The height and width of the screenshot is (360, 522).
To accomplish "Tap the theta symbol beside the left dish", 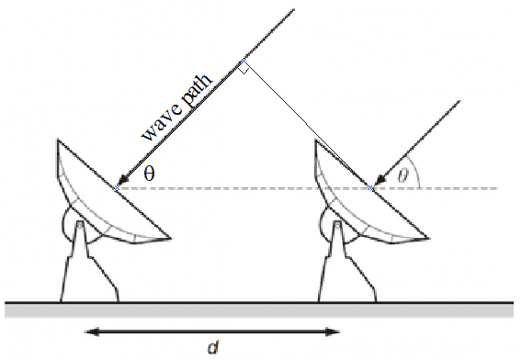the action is click(x=150, y=174).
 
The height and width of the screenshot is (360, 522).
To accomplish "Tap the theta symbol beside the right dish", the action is click(x=403, y=175).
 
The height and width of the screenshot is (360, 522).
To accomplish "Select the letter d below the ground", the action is click(x=213, y=348).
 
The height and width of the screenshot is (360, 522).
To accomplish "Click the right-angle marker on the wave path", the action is click(x=244, y=69).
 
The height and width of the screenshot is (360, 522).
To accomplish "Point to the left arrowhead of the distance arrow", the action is click(x=92, y=332).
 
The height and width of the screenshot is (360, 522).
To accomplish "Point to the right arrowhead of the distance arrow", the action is click(x=333, y=332).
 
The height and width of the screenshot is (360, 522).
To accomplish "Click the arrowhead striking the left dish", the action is click(x=123, y=180).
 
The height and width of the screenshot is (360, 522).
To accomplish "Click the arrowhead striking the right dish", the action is click(x=380, y=180).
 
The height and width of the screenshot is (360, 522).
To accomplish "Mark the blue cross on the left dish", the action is click(x=117, y=188).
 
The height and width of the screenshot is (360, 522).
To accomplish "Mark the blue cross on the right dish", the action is click(x=369, y=188).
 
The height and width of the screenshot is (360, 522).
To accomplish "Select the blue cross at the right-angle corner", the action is click(x=244, y=61).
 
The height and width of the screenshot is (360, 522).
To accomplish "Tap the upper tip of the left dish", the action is click(x=58, y=139).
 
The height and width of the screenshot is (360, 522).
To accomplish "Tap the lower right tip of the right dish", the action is click(x=428, y=238).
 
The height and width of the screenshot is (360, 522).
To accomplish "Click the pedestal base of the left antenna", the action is click(x=89, y=262).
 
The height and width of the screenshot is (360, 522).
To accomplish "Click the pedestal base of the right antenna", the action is click(x=347, y=262).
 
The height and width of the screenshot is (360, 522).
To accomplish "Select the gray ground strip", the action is click(x=259, y=310).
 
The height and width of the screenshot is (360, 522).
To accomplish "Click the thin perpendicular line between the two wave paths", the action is click(x=307, y=124).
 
